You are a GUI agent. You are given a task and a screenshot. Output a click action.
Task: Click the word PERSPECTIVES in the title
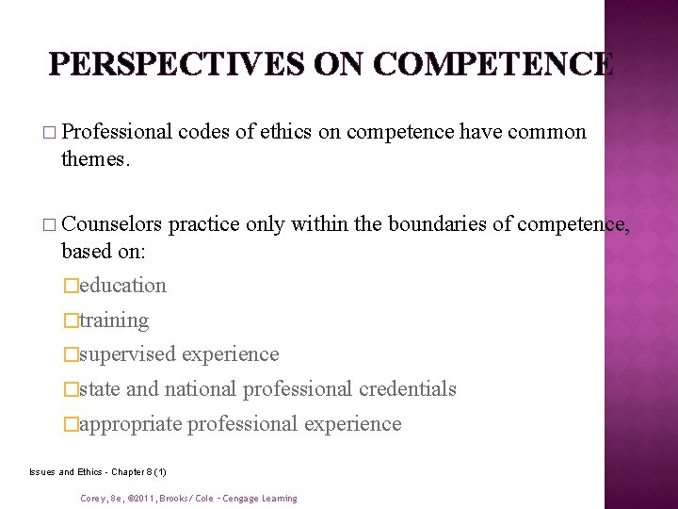tap(175, 64)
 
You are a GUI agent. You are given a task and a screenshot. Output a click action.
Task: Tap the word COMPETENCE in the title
tap(493, 64)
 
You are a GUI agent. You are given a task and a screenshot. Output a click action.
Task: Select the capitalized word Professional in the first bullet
tap(118, 133)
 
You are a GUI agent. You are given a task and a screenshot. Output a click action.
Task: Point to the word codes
tap(204, 133)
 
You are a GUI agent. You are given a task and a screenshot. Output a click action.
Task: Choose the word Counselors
tap(112, 225)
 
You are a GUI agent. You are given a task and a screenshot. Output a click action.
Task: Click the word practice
tap(204, 225)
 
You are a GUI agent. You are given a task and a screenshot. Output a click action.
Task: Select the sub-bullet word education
tap(122, 286)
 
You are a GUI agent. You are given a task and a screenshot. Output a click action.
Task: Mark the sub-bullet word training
tap(114, 320)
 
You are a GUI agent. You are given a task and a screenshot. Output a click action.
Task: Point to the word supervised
tap(127, 354)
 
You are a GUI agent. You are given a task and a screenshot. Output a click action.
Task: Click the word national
tap(201, 388)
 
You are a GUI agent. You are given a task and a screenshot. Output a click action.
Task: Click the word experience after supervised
tap(231, 354)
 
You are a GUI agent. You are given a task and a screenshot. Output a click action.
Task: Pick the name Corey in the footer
tap(93, 499)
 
